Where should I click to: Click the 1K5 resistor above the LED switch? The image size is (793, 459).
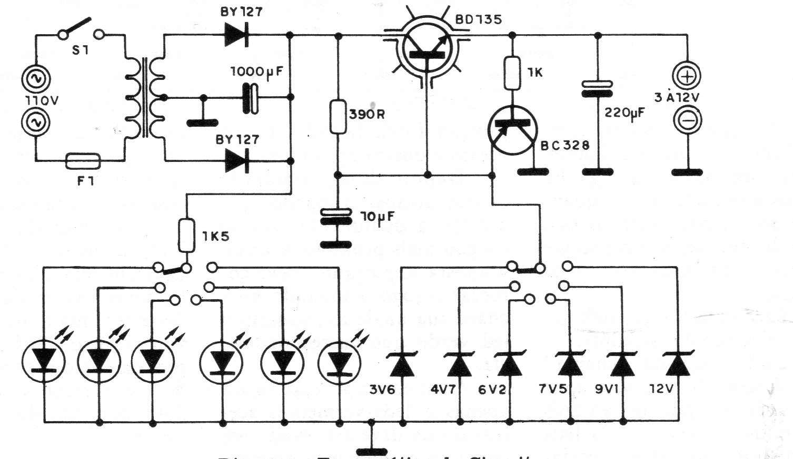coord(186,236)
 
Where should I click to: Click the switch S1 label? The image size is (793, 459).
coord(81,50)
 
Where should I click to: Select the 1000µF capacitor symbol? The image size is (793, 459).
coord(250,98)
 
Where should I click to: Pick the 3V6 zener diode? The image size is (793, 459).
coord(403,364)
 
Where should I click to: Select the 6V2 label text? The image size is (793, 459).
coord(492,390)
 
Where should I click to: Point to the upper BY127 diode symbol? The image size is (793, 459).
coord(236,35)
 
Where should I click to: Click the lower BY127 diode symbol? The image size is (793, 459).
coord(236,160)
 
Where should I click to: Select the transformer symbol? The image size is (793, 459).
coord(145,97)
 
